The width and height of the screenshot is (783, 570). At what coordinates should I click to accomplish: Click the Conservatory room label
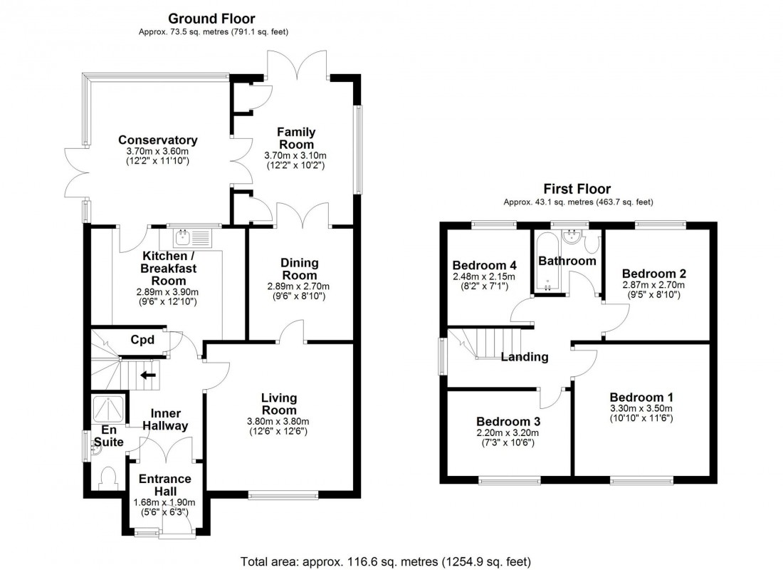tap(157, 140)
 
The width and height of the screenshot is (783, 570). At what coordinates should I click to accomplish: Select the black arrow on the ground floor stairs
tap(149, 375)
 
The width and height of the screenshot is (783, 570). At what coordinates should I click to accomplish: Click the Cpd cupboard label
tap(142, 340)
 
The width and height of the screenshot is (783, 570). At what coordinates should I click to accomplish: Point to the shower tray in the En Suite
tap(109, 409)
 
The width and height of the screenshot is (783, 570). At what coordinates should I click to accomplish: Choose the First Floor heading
tap(577, 189)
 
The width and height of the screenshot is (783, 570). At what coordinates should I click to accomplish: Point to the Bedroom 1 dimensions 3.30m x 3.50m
tap(641, 408)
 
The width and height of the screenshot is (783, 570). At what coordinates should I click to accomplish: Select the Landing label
tap(524, 357)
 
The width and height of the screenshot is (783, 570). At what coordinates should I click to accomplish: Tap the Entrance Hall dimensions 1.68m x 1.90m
tap(164, 502)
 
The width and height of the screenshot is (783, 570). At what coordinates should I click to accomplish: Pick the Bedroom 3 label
tap(507, 420)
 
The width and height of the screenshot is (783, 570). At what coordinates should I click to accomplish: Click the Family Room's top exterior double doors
tap(297, 66)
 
